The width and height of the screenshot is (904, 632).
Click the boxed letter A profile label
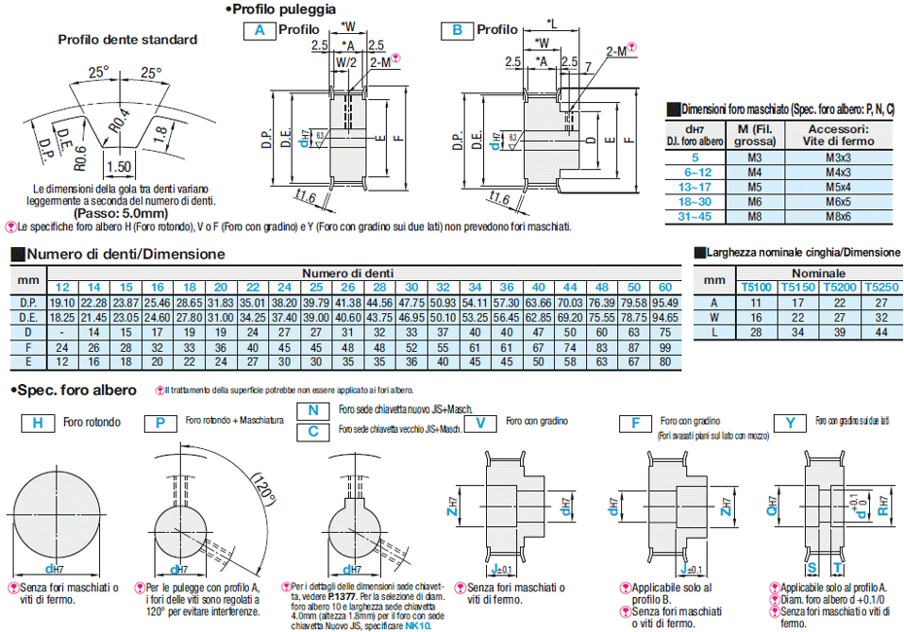click(260, 30)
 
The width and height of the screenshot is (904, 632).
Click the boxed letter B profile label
click(456, 30)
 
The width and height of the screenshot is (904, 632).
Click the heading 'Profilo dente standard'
click(127, 40)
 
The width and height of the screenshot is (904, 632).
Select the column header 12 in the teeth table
click(61, 288)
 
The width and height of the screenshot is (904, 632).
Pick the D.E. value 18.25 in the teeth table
click(61, 318)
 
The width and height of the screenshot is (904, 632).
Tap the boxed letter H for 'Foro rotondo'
click(37, 423)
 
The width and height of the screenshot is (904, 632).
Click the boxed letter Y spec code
click(793, 423)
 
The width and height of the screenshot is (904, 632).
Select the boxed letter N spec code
click(314, 411)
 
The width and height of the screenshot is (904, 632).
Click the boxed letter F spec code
click(636, 423)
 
